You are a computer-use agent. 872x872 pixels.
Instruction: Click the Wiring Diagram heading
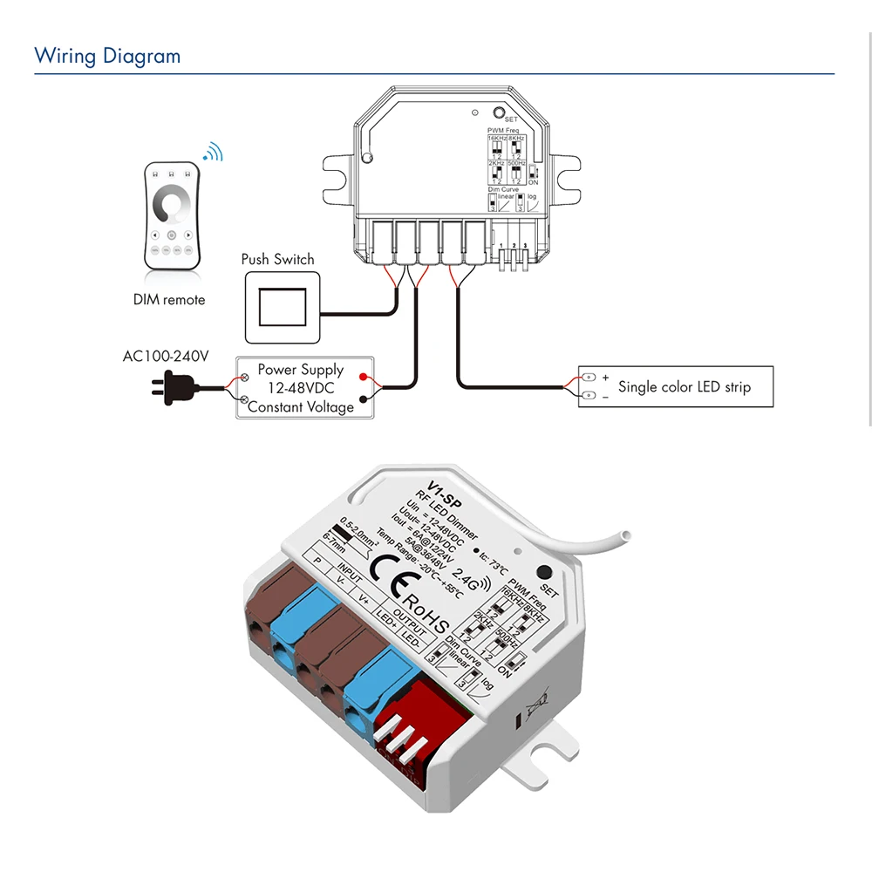pos(107,57)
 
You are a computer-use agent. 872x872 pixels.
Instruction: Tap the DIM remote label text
pos(169,300)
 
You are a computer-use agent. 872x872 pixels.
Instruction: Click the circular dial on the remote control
pos(171,205)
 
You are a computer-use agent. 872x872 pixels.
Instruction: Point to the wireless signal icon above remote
pos(213,153)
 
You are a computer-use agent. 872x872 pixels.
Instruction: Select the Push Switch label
pos(277,259)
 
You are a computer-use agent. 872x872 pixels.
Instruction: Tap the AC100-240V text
pos(166,357)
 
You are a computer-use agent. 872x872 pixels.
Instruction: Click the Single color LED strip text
pos(684,387)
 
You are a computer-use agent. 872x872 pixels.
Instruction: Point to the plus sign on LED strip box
pos(605,378)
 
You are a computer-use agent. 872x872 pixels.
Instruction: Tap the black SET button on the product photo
pos(545,573)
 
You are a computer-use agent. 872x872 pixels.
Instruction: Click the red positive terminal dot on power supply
pos(362,378)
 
